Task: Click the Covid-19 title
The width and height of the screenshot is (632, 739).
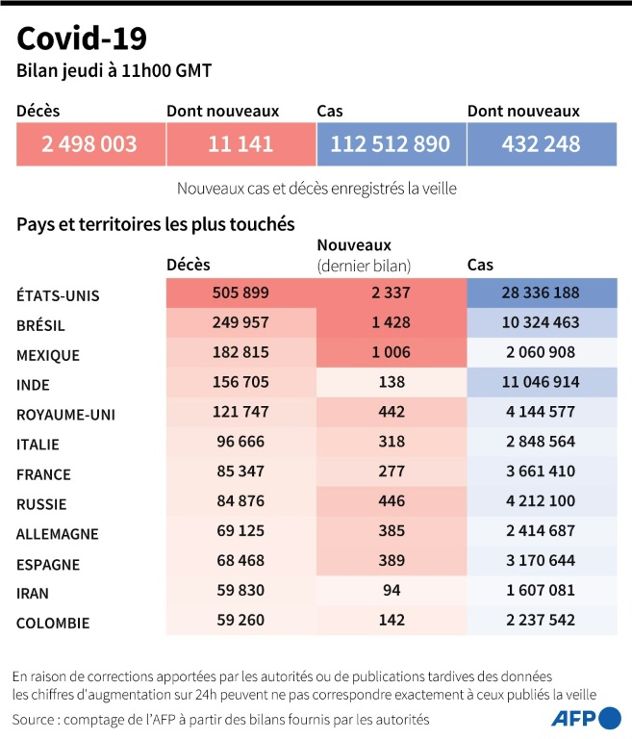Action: tap(82, 38)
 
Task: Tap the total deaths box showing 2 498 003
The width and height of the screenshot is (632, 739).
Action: tap(89, 144)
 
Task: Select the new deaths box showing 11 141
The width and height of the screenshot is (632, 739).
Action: tap(240, 144)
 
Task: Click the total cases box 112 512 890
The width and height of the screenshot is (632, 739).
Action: tap(390, 144)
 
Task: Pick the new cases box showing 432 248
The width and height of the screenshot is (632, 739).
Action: tap(541, 144)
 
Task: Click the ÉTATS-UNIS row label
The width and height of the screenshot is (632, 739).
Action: tap(58, 295)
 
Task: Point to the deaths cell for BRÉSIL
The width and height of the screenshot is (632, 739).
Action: tap(240, 324)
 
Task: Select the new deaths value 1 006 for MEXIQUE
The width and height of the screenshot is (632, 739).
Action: tap(390, 354)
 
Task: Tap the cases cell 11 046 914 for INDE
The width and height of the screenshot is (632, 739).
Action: tap(541, 383)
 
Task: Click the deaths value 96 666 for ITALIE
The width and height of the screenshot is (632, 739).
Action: tap(240, 443)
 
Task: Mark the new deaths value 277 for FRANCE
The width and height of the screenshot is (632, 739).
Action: tap(390, 472)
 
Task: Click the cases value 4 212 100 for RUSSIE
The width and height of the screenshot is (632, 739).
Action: tap(541, 502)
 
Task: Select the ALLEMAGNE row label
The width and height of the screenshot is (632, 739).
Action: tap(58, 534)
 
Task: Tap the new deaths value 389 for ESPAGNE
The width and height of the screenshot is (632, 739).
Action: tap(390, 562)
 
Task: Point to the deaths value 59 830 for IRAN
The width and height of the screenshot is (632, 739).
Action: tap(240, 592)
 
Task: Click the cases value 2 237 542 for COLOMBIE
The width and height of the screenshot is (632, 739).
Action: tap(541, 622)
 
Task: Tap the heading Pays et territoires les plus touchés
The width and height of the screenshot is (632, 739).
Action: tap(155, 223)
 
